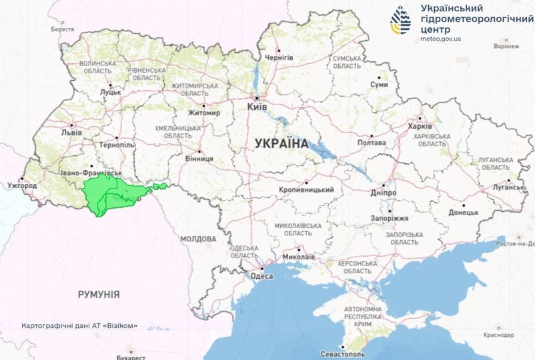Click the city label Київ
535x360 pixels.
coord(257,107)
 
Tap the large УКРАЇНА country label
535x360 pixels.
coord(281,143)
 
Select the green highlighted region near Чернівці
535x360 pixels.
coord(110,194)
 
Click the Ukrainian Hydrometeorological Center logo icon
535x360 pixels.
coord(402,21)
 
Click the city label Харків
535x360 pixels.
coord(420,127)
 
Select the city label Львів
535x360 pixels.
coord(71,132)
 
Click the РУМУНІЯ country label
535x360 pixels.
coord(98,294)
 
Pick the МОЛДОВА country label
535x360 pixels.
coord(198,239)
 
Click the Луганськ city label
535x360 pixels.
coord(509,187)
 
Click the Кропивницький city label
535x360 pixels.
coord(306,190)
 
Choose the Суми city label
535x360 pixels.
coord(379,85)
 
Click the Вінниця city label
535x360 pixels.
coord(199,159)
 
